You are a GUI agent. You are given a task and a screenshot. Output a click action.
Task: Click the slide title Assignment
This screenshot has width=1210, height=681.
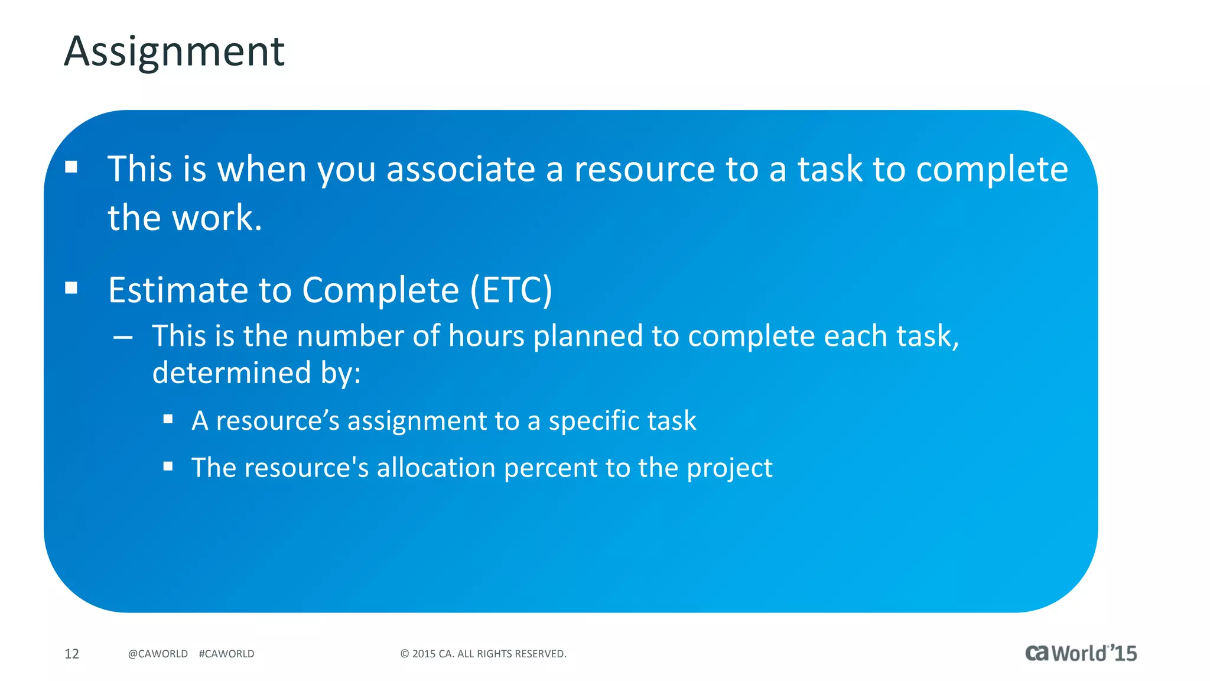point(174,51)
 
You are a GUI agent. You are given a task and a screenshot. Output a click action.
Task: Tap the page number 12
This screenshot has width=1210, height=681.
point(71,654)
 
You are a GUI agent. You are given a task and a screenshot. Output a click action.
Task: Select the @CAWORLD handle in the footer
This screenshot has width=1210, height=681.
point(158,654)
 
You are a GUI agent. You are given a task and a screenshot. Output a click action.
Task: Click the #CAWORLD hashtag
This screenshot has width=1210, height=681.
point(226,654)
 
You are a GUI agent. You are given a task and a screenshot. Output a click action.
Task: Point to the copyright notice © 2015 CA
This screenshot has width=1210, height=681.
point(483,654)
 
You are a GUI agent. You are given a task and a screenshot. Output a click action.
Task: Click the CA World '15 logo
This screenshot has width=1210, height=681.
point(1081,653)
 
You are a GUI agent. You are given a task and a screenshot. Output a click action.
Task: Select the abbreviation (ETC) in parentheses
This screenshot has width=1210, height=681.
point(511,290)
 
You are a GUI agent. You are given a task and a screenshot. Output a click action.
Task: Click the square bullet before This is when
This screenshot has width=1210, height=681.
point(71,167)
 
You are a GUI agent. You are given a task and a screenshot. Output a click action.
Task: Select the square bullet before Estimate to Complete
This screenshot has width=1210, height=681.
point(71,288)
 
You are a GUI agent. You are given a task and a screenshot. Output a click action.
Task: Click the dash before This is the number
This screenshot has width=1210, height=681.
point(123,338)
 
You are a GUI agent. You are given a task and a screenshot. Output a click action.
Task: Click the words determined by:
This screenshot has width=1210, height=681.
point(256,373)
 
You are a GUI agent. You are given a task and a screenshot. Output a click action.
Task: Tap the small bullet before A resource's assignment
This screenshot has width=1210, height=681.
point(168,420)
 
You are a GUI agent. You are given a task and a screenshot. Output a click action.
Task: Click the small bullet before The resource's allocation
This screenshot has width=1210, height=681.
point(168,466)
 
